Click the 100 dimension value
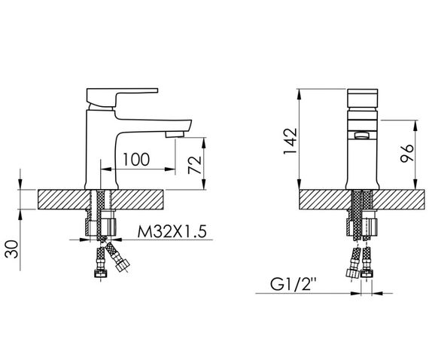pos(136,160)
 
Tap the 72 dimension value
pos(195,165)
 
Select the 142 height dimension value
pos(291,141)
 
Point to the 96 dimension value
pos(407,154)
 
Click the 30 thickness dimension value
pos(12,249)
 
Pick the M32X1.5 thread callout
pos(172,232)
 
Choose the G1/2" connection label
pos(294,284)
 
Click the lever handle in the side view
pos(122,97)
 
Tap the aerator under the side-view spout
pos(175,134)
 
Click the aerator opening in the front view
pos(362,136)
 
